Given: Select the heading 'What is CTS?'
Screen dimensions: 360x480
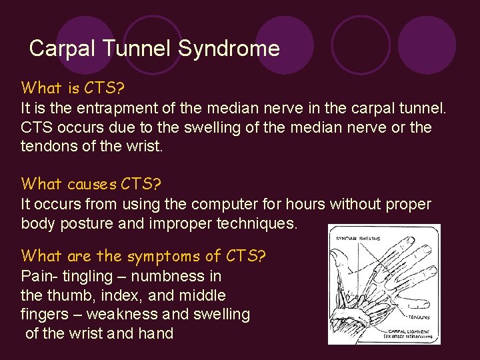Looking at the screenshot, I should click(65, 88).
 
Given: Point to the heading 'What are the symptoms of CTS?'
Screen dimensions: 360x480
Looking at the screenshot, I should click(143, 255).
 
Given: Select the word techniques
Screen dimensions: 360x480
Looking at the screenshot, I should click(257, 223).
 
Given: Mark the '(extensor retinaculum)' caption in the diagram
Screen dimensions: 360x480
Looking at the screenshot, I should click(408, 337).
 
